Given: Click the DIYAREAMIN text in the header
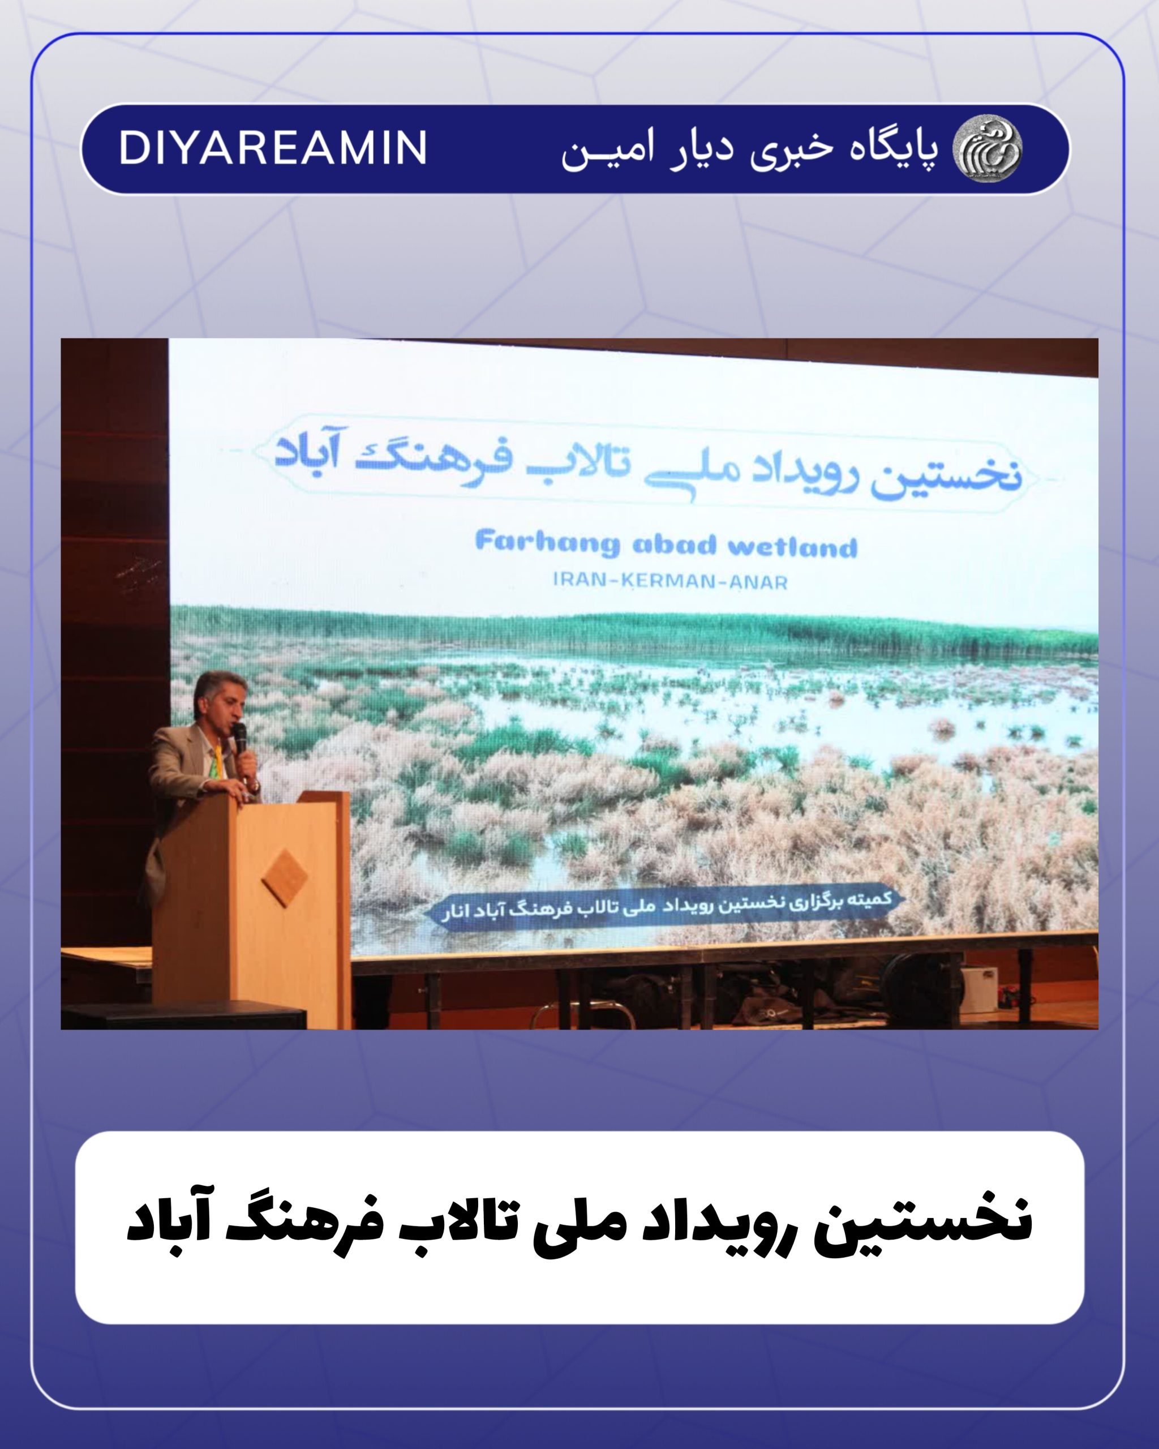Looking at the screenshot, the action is (273, 147).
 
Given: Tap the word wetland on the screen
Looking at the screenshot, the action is (793, 546).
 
